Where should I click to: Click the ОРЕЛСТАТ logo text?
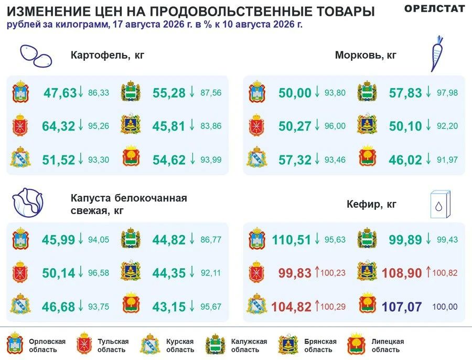click(x=434, y=9)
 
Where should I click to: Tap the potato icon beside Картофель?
click(x=36, y=56)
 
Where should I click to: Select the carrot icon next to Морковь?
click(x=437, y=54)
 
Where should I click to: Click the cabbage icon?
click(x=28, y=203)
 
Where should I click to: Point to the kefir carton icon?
click(x=441, y=204)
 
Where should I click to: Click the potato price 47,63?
click(x=60, y=93)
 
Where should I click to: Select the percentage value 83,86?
click(x=211, y=126)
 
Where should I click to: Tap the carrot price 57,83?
click(x=405, y=93)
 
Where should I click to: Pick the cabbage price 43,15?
click(x=169, y=306)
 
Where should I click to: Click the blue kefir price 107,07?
click(x=402, y=306)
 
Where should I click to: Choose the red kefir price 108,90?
click(x=402, y=273)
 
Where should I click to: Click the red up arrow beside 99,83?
click(x=317, y=272)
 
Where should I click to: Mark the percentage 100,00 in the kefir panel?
click(x=445, y=306)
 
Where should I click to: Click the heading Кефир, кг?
click(x=371, y=205)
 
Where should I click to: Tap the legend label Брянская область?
click(x=320, y=345)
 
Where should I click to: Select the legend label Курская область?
click(x=180, y=345)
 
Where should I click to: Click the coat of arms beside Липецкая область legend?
click(x=357, y=344)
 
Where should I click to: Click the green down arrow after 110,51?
click(x=317, y=239)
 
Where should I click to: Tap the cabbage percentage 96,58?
click(x=99, y=273)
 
